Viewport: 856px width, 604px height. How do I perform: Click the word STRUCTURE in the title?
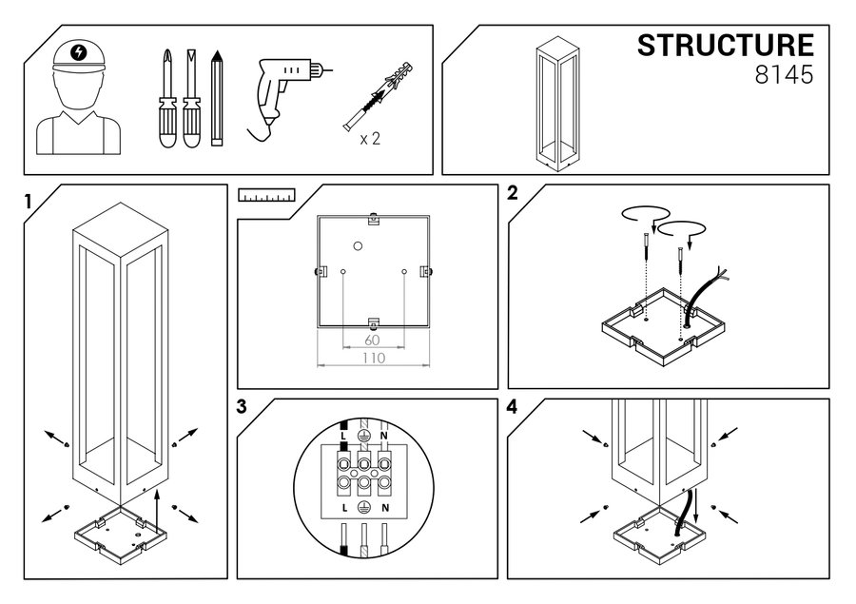click(x=725, y=47)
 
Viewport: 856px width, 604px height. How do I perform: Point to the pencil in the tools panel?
click(x=217, y=99)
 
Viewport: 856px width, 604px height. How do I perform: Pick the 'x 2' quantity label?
click(x=370, y=138)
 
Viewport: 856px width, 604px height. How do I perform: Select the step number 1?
click(x=29, y=201)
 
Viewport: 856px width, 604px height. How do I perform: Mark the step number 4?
click(x=513, y=408)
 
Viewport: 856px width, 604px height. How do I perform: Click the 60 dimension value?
click(x=373, y=339)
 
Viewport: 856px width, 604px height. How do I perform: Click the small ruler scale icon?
click(x=266, y=197)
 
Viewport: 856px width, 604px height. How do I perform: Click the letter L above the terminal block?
click(x=342, y=435)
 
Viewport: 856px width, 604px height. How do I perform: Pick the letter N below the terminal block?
click(x=383, y=510)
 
